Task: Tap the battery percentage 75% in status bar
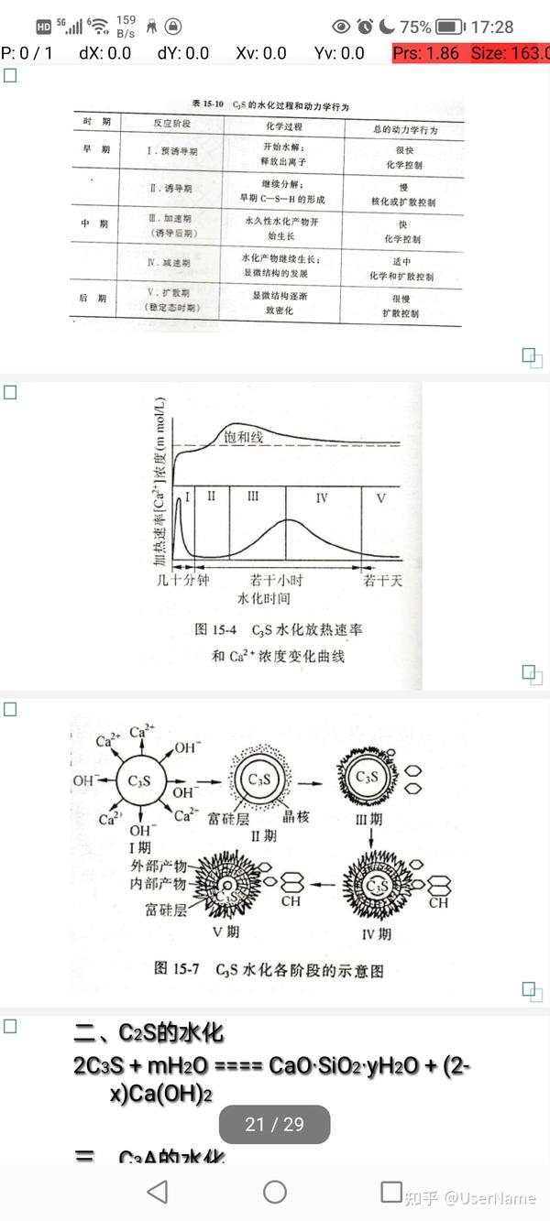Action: click(415, 27)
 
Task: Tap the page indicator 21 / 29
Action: click(274, 1124)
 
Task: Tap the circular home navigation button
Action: click(274, 1192)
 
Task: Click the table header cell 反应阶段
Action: click(170, 122)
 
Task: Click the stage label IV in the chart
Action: click(321, 497)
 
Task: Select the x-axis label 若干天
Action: click(381, 580)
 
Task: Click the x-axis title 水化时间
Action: click(264, 599)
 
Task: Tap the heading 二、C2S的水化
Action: click(148, 1034)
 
